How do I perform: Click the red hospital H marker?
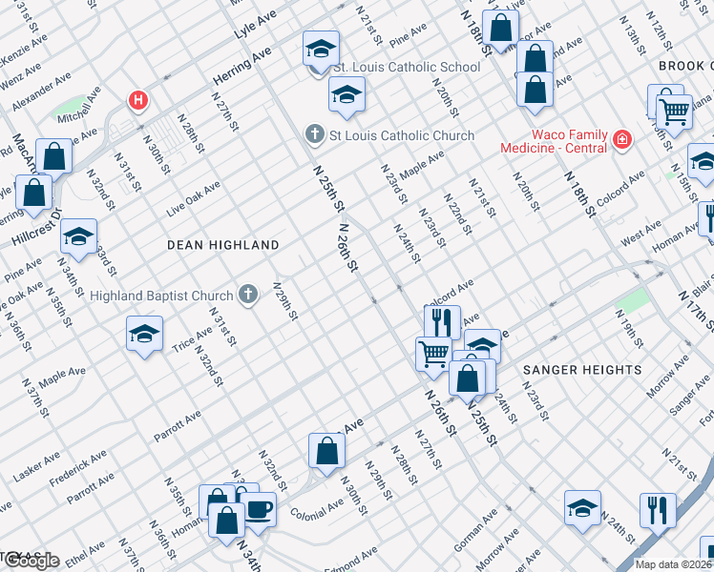[x=138, y=100]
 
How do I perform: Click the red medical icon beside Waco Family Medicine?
[x=621, y=140]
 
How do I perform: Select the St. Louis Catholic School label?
[x=406, y=68]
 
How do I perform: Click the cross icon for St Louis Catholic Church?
[x=315, y=135]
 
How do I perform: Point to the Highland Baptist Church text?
[x=161, y=296]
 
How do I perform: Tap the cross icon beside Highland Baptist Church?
[x=248, y=295]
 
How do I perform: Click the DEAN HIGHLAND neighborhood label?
[x=222, y=245]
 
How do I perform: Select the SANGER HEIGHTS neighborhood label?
[x=581, y=369]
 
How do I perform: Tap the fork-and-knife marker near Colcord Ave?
[x=442, y=321]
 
